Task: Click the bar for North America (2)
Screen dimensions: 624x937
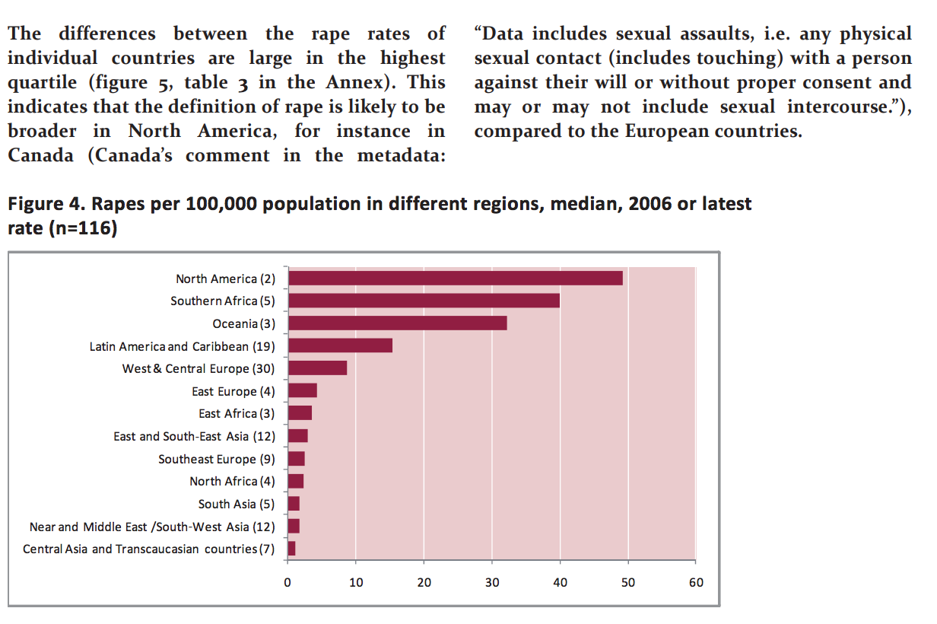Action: tap(455, 279)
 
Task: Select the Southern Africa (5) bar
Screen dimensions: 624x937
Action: tap(424, 301)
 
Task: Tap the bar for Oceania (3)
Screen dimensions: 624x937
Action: tap(397, 323)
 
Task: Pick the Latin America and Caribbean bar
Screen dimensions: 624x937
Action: tap(340, 345)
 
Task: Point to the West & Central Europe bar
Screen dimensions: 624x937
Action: tap(317, 368)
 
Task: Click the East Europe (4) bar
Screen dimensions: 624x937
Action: tap(302, 391)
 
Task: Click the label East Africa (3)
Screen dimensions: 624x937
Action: tap(237, 414)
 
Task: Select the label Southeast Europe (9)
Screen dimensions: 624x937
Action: tap(217, 459)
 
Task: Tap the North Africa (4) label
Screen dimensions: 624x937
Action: tap(232, 482)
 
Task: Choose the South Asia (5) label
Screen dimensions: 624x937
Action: tap(237, 504)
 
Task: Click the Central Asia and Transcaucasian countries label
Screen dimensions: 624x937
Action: tap(149, 549)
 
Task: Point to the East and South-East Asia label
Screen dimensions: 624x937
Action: tap(195, 436)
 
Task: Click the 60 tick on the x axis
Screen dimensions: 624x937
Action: tap(696, 583)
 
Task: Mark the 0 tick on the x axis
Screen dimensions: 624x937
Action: tap(287, 583)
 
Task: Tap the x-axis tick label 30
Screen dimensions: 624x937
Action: tap(492, 583)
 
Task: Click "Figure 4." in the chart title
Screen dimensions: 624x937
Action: tap(42, 204)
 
